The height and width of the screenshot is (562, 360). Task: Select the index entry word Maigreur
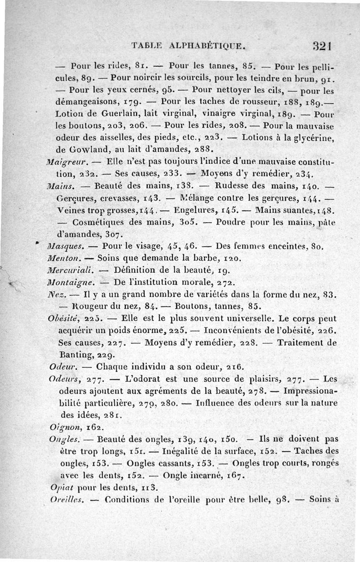(x=65, y=162)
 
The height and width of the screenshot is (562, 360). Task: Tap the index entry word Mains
(x=58, y=185)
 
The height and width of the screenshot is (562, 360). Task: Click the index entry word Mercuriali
(x=70, y=270)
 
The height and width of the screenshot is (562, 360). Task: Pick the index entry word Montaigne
(x=71, y=283)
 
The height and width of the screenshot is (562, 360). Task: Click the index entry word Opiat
(x=61, y=487)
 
